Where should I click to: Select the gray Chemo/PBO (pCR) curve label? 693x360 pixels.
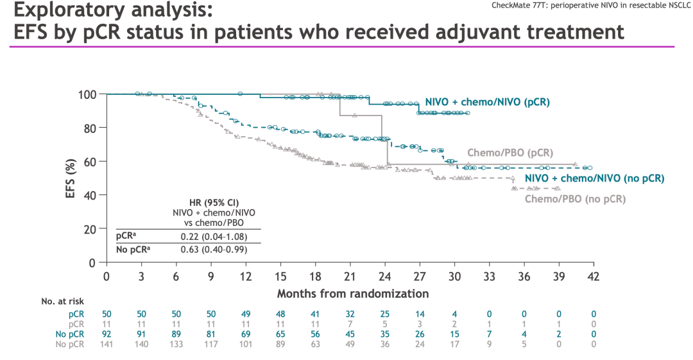[509, 153]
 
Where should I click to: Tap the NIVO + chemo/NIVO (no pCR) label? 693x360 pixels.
[594, 178]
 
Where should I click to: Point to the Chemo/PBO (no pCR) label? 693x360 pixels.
[575, 199]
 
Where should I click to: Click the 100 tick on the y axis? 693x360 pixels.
[87, 94]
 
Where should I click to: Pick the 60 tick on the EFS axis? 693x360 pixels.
[90, 162]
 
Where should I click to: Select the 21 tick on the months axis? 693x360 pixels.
[350, 276]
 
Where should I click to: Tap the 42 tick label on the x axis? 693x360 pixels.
[594, 276]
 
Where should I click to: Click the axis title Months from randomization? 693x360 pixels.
[353, 293]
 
